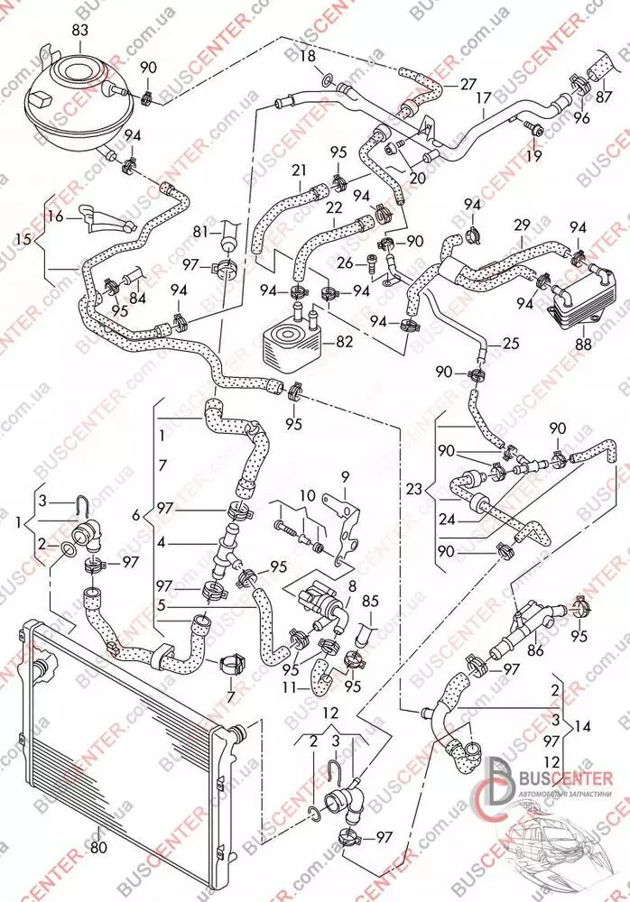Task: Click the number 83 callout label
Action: coord(80,32)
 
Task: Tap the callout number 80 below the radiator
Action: coord(98,847)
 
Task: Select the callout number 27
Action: coord(468,84)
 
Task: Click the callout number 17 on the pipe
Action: coord(484,97)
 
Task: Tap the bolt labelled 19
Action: coord(534,133)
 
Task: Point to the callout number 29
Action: coord(522,224)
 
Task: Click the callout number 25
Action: coord(512,344)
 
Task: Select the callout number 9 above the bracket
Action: coord(344,475)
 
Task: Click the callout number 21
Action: coord(299,170)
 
